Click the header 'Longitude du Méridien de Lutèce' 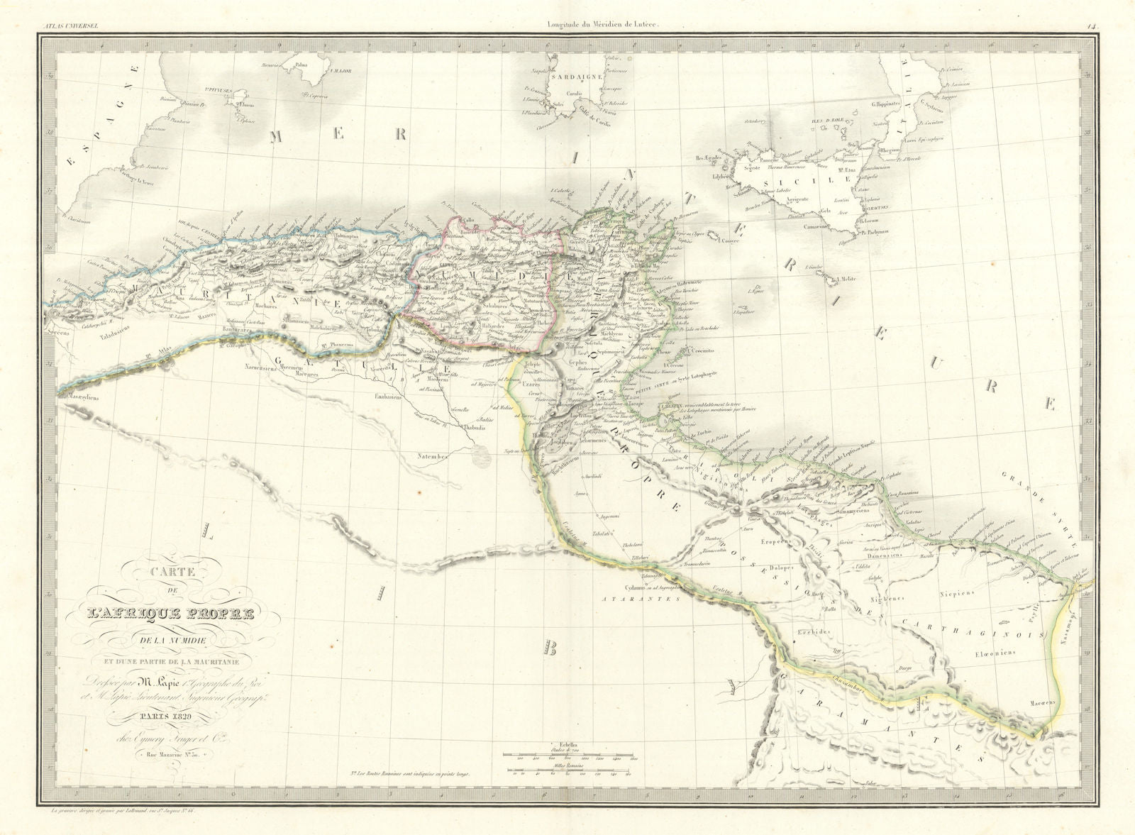604,6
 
